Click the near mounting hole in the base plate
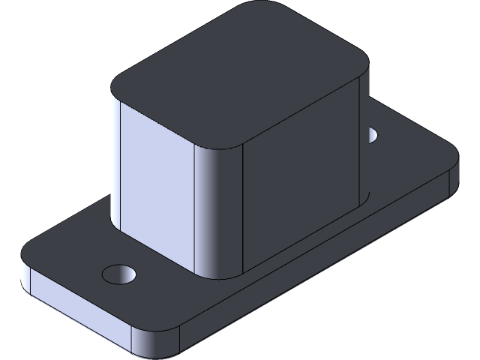click(119, 273)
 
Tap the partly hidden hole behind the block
click(372, 135)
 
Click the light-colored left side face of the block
click(154, 180)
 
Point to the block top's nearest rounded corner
click(221, 142)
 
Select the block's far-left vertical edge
click(112, 157)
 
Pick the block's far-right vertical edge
click(366, 135)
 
